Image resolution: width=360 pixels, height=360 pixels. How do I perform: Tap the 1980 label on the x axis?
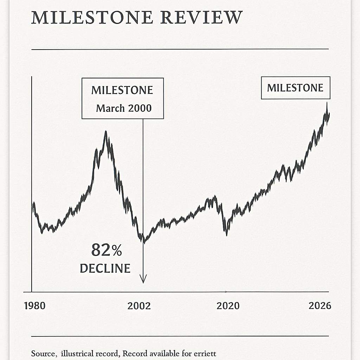coord(34,306)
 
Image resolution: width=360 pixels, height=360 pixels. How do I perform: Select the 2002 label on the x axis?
coord(139,306)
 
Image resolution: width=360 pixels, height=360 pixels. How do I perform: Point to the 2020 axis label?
coord(228,306)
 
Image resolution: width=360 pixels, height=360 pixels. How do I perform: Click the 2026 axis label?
coord(320,306)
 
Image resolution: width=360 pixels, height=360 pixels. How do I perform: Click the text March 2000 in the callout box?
coord(124,108)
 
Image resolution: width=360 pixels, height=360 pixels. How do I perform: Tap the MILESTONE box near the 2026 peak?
coord(295,88)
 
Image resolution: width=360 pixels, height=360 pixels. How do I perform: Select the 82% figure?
coord(106,250)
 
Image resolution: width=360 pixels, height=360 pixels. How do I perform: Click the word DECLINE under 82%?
coord(105,269)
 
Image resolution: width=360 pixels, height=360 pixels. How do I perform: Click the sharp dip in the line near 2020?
coord(226,234)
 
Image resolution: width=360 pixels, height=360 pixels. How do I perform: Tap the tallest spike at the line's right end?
coord(327,103)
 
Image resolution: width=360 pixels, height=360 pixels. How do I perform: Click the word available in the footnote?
coord(163,353)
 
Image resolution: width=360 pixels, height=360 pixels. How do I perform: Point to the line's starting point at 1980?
coord(33,204)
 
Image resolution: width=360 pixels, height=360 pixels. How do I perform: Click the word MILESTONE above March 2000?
coord(122,90)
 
